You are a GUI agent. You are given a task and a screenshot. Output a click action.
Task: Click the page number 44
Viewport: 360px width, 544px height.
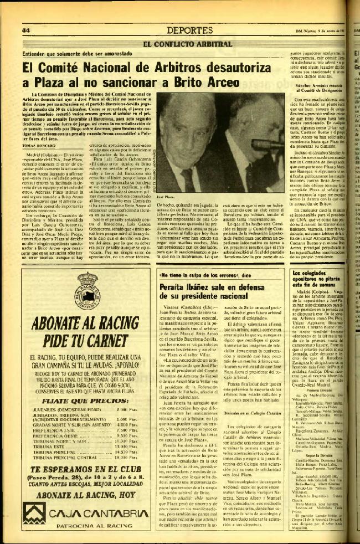(25, 29)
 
